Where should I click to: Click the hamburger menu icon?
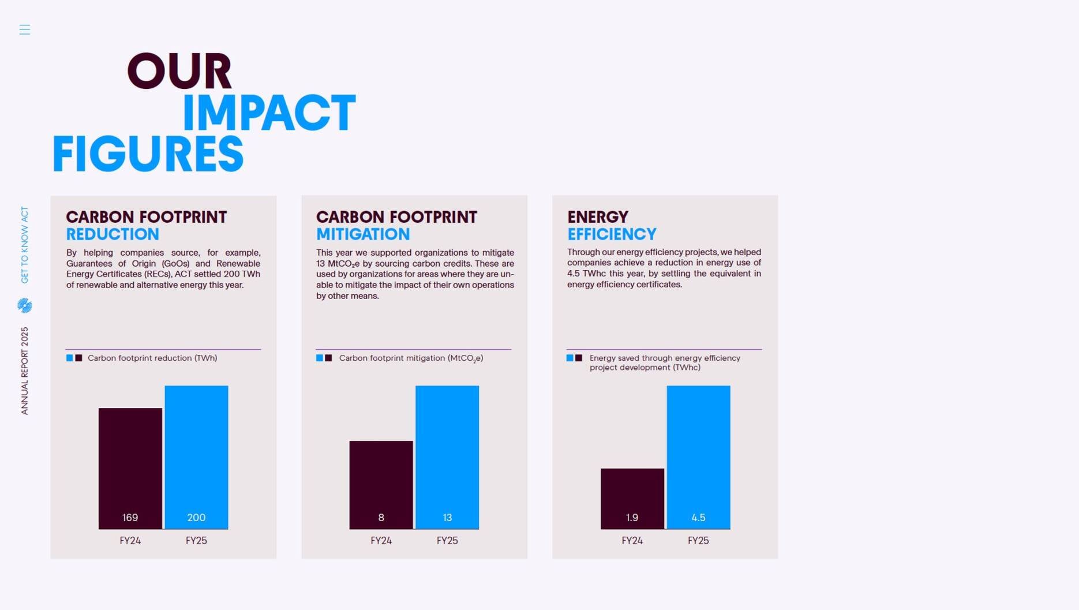coord(24,29)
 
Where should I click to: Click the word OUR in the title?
coord(179,72)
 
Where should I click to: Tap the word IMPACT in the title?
coord(269,113)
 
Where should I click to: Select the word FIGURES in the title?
coord(148,155)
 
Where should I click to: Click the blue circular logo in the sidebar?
coord(25,305)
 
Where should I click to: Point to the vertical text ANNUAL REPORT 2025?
coord(25,371)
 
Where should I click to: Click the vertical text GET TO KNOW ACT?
coord(25,245)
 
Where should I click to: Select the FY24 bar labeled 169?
coord(130,467)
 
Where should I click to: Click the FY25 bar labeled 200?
coord(196,456)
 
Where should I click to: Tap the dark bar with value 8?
coord(381,484)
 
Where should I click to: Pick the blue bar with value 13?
coord(447,456)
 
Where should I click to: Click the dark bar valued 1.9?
coord(632,498)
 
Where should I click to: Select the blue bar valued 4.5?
coord(698,456)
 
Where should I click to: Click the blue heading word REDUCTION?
coord(113,234)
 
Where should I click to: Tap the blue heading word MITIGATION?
coord(363,234)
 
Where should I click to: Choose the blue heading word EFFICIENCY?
coord(612,234)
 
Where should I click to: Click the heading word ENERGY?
coord(598,217)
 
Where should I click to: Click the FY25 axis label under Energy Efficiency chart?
coord(698,541)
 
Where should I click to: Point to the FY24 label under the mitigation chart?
coord(381,541)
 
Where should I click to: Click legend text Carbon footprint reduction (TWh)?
coord(152,358)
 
